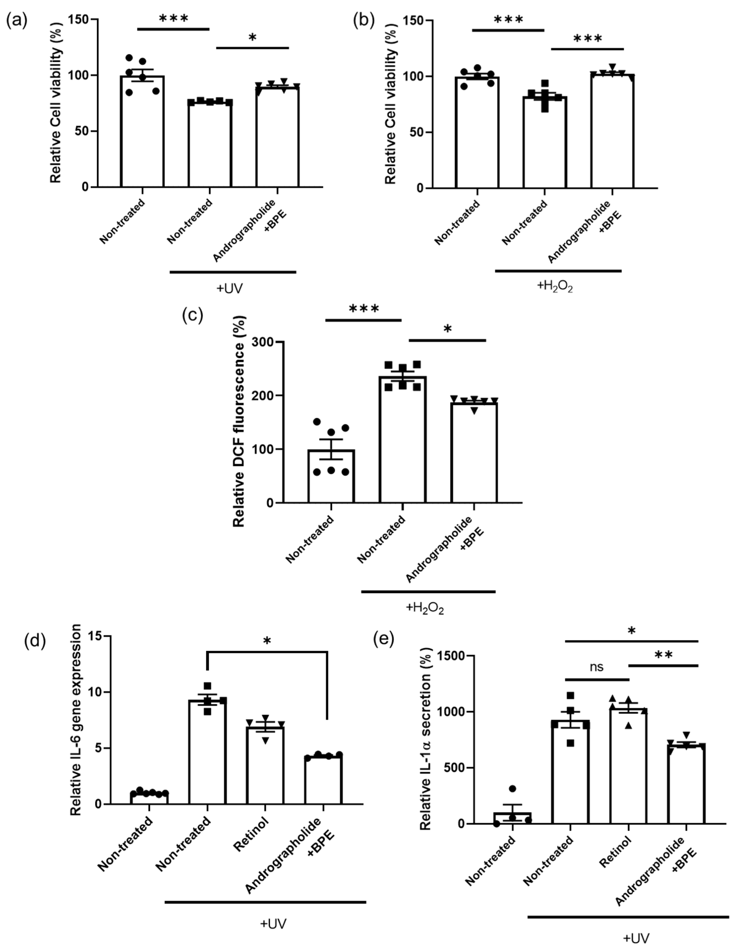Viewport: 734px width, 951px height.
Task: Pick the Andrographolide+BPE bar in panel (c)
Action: (x=474, y=453)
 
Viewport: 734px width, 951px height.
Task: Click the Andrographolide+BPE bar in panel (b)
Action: (x=612, y=131)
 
